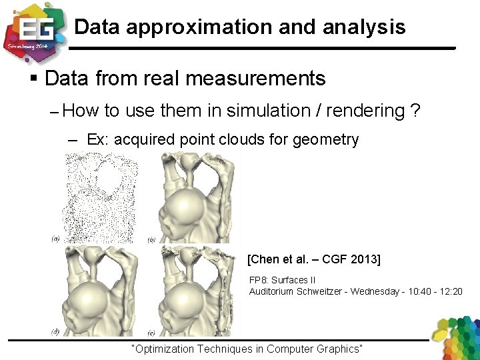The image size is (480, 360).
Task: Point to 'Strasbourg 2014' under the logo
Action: [x=26, y=48]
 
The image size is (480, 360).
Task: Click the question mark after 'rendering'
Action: [x=416, y=111]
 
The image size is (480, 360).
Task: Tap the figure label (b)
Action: [x=152, y=239]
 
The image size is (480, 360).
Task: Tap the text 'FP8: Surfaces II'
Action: [x=283, y=281]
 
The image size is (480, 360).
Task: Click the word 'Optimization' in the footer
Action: [x=167, y=349]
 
